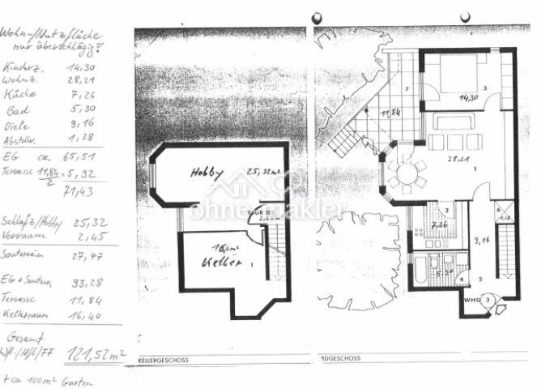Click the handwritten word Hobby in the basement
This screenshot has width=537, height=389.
[207, 172]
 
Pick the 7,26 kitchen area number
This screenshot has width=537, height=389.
[440, 224]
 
